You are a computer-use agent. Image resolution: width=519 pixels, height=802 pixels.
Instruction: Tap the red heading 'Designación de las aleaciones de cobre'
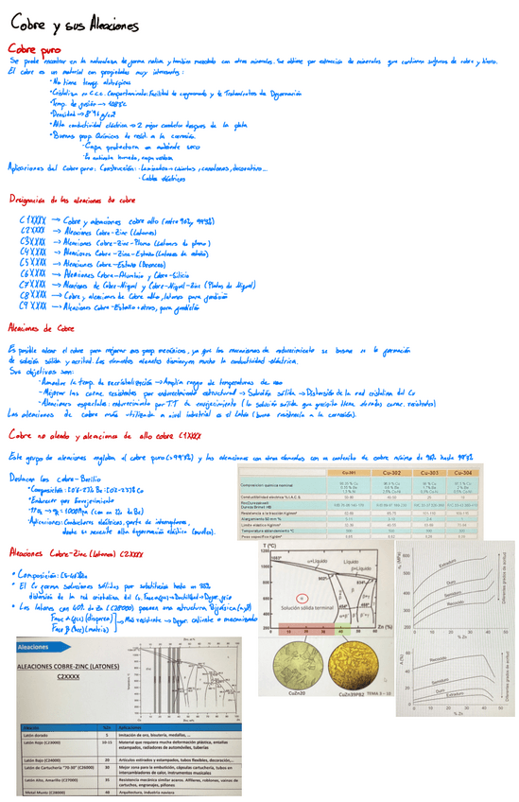(73, 200)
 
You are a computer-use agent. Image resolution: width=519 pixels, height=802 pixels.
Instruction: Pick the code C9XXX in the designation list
(33, 306)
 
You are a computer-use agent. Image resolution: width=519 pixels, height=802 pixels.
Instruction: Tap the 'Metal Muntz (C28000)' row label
(39, 793)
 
